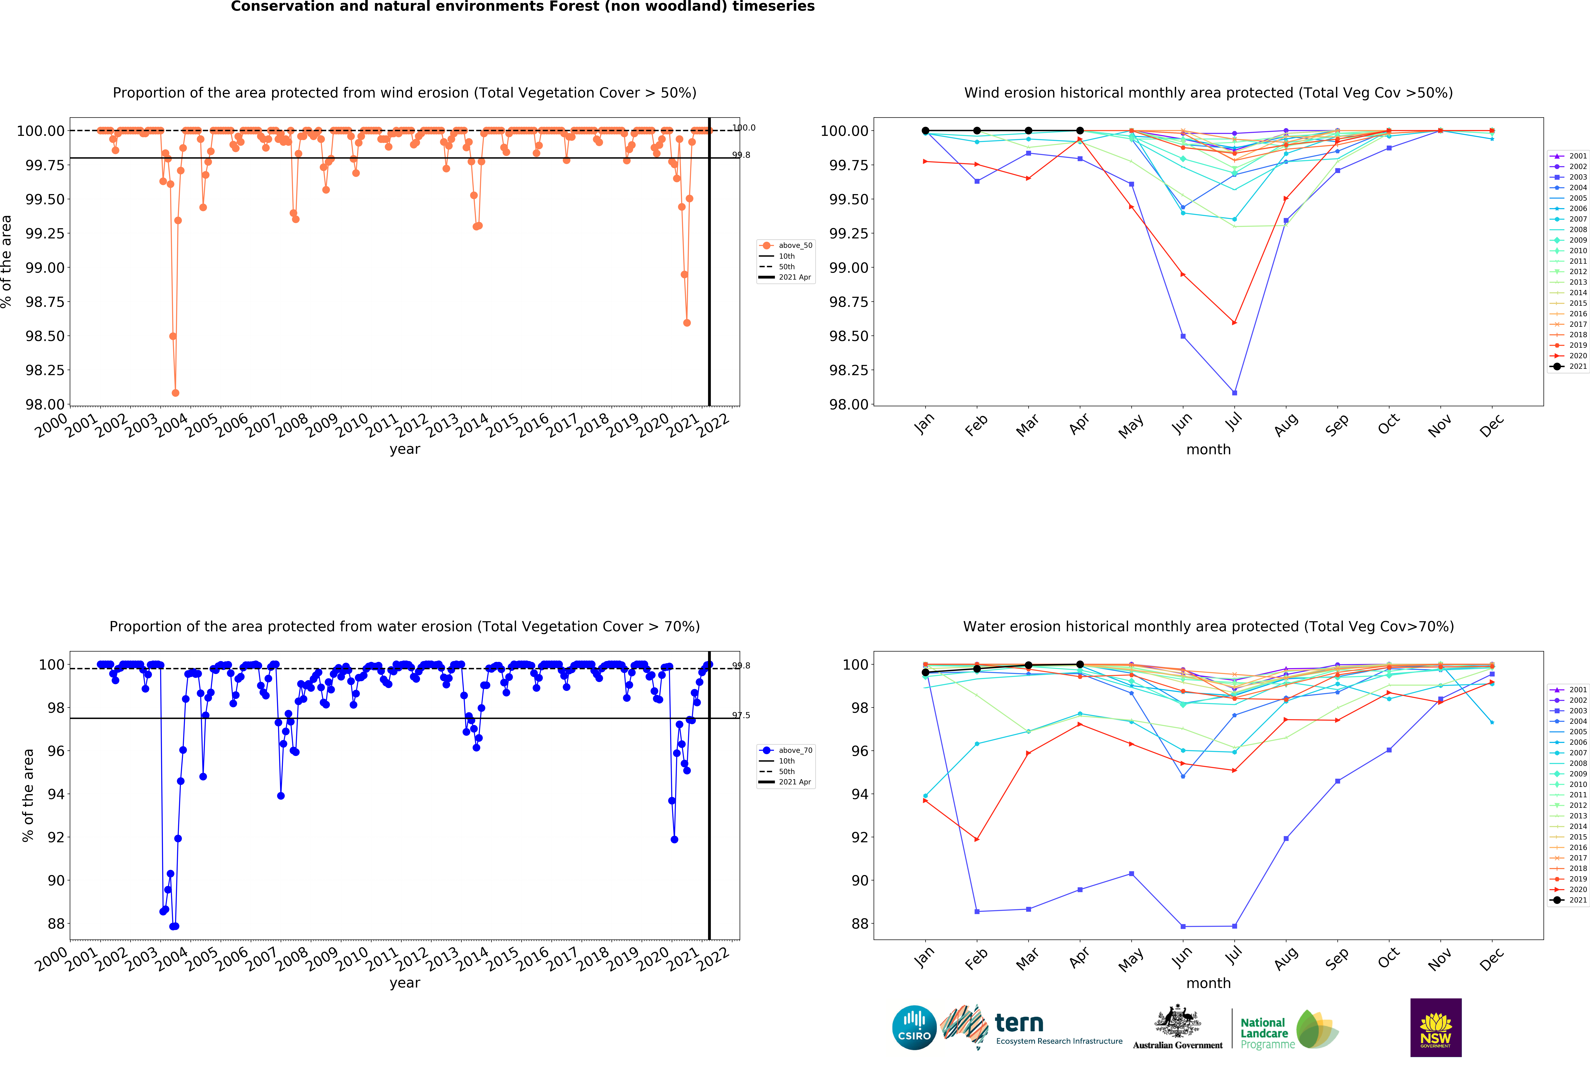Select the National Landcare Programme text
1266,1033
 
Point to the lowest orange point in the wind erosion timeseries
175,393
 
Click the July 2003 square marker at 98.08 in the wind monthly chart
1234,393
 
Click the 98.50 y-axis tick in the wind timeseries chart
45,336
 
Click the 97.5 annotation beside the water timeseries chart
741,715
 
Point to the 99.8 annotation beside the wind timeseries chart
741,155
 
